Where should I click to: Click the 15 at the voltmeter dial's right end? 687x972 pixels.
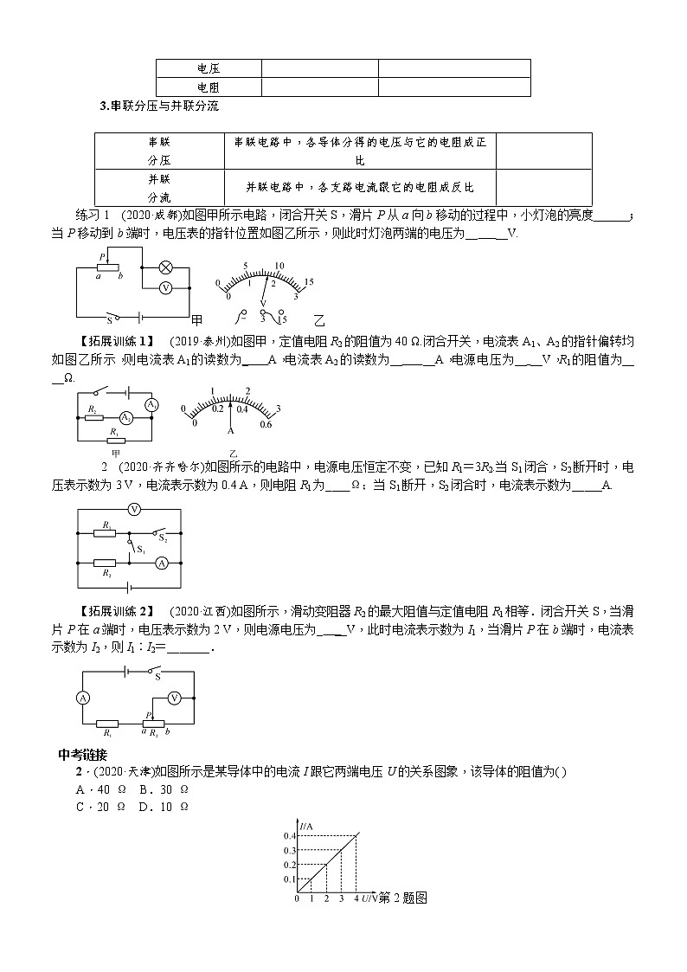tap(308, 282)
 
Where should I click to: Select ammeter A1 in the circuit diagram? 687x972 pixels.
tap(151, 405)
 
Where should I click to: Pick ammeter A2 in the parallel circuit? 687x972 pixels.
tap(126, 417)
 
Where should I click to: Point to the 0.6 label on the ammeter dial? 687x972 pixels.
tap(266, 424)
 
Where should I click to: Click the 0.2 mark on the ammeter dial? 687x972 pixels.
tap(218, 409)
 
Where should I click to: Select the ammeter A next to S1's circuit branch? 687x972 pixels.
tap(160, 563)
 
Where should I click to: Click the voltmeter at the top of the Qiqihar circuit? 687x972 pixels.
tap(134, 510)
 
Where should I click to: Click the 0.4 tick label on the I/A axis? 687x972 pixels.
tap(288, 835)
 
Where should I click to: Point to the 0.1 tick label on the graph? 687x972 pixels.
tap(288, 879)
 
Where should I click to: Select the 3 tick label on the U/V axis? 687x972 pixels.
tap(341, 899)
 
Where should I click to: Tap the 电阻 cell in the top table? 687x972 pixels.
tap(208, 87)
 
